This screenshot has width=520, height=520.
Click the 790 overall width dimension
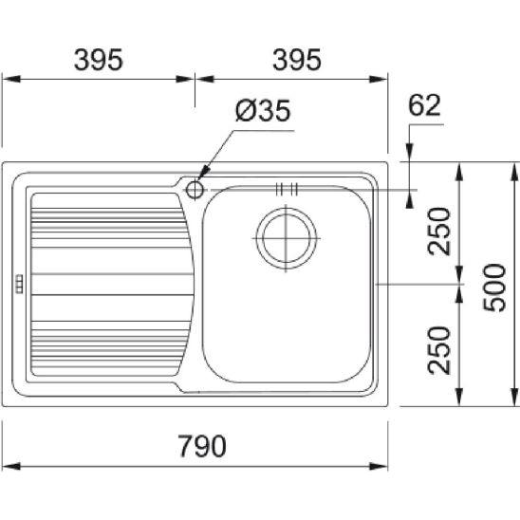pyautogui.click(x=202, y=446)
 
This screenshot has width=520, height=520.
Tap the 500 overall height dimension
pyautogui.click(x=494, y=288)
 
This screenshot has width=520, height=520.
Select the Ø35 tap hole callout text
pyautogui.click(x=263, y=110)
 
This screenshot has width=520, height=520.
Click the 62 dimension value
pyautogui.click(x=424, y=105)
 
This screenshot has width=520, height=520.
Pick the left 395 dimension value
pyautogui.click(x=99, y=60)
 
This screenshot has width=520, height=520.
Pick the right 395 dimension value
pyautogui.click(x=297, y=60)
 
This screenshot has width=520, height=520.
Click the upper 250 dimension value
pyautogui.click(x=439, y=232)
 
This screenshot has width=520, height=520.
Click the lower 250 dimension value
pyautogui.click(x=439, y=350)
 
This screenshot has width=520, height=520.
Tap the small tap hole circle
pyautogui.click(x=195, y=190)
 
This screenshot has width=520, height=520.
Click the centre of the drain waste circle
pyautogui.click(x=287, y=238)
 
